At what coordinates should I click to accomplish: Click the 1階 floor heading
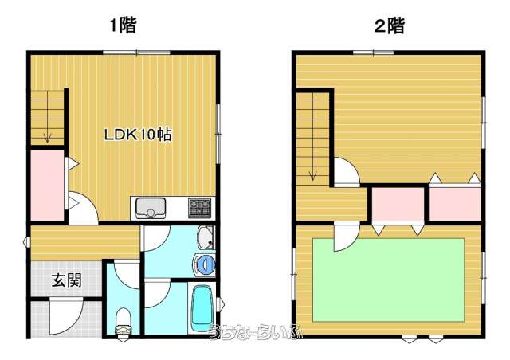124,25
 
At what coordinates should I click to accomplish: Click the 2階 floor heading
390,25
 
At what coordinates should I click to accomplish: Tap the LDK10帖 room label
138,135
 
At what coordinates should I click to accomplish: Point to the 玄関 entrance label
67,280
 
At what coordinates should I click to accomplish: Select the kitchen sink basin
151,208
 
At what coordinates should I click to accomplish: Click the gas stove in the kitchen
199,208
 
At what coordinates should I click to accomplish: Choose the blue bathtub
202,307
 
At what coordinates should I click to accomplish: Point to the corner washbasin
206,237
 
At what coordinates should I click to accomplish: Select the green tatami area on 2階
388,280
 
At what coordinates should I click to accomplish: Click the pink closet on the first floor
47,186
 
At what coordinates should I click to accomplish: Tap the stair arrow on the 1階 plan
48,116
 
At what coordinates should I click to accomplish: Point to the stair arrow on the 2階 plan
313,136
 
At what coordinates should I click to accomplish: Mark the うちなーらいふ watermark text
256,331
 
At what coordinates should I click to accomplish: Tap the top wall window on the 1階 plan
136,53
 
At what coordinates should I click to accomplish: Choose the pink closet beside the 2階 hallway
398,204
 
